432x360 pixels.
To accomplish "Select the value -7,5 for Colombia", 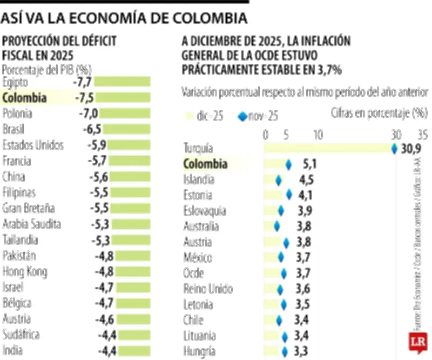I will (84, 98).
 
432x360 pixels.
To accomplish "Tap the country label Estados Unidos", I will (33, 145).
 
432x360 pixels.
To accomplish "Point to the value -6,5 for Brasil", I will (92, 129).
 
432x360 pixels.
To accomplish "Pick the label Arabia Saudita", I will (31, 224).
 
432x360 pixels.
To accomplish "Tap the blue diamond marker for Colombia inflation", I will (288, 164).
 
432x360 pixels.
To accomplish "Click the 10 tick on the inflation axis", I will (318, 134).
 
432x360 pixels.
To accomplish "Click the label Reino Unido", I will (208, 289).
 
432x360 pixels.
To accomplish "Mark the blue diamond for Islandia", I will (279, 180).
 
